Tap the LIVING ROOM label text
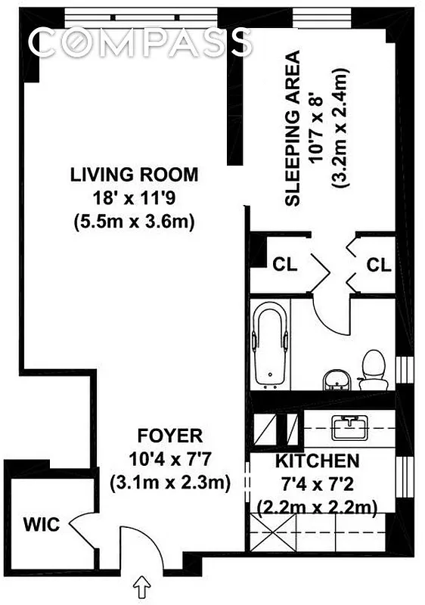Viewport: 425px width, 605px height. pyautogui.click(x=135, y=175)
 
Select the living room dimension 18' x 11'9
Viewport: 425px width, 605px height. pyautogui.click(x=135, y=199)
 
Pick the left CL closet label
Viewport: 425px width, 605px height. pyautogui.click(x=284, y=265)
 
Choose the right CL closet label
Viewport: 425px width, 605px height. pyautogui.click(x=378, y=265)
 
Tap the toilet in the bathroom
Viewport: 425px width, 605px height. pyautogui.click(x=373, y=369)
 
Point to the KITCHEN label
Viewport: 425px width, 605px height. pyautogui.click(x=316, y=461)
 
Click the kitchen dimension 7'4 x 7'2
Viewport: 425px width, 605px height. pyautogui.click(x=316, y=483)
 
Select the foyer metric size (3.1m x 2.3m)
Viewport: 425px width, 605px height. pyautogui.click(x=169, y=482)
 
